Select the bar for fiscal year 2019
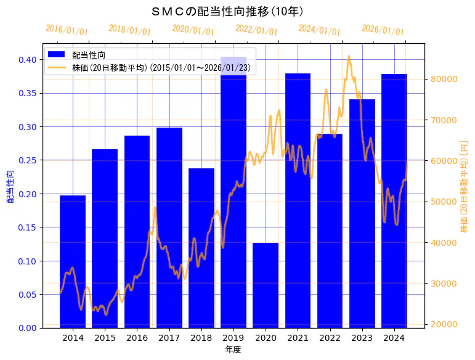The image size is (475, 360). [233, 192]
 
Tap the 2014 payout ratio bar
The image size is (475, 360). [73, 261]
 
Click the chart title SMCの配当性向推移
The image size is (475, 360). [227, 12]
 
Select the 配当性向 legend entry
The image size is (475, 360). [89, 55]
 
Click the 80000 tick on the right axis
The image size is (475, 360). [442, 79]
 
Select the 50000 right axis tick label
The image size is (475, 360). [442, 202]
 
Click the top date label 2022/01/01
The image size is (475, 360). [257, 30]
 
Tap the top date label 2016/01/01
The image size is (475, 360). [67, 30]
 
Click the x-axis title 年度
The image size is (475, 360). [233, 350]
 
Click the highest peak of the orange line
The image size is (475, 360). [349, 56]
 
